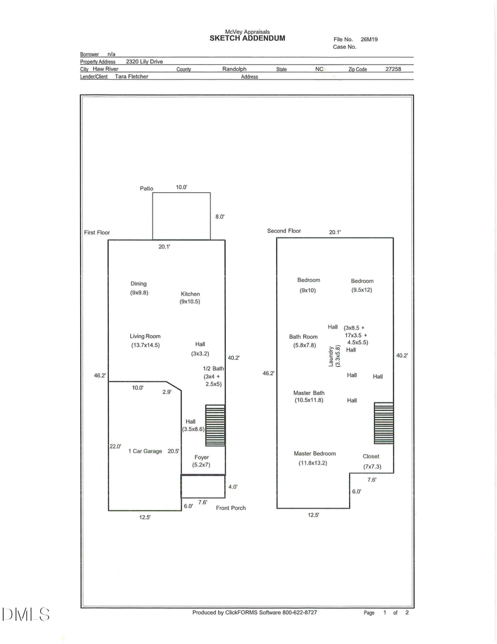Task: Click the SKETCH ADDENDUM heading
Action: [247, 38]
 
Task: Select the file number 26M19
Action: [369, 40]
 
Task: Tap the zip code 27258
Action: [393, 69]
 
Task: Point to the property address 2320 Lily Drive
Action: [144, 62]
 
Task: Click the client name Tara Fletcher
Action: [131, 76]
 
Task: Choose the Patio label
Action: [146, 189]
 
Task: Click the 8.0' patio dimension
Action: [220, 217]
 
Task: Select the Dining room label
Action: [139, 284]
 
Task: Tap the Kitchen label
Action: [191, 294]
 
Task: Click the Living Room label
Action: [145, 336]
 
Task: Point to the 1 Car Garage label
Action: [145, 451]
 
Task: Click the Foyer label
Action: [202, 457]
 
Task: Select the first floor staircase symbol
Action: [215, 425]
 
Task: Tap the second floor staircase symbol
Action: [384, 423]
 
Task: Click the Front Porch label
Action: [231, 507]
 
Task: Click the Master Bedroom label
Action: [315, 453]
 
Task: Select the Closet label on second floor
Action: [371, 456]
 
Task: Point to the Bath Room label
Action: [303, 337]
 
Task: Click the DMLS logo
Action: [26, 614]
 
